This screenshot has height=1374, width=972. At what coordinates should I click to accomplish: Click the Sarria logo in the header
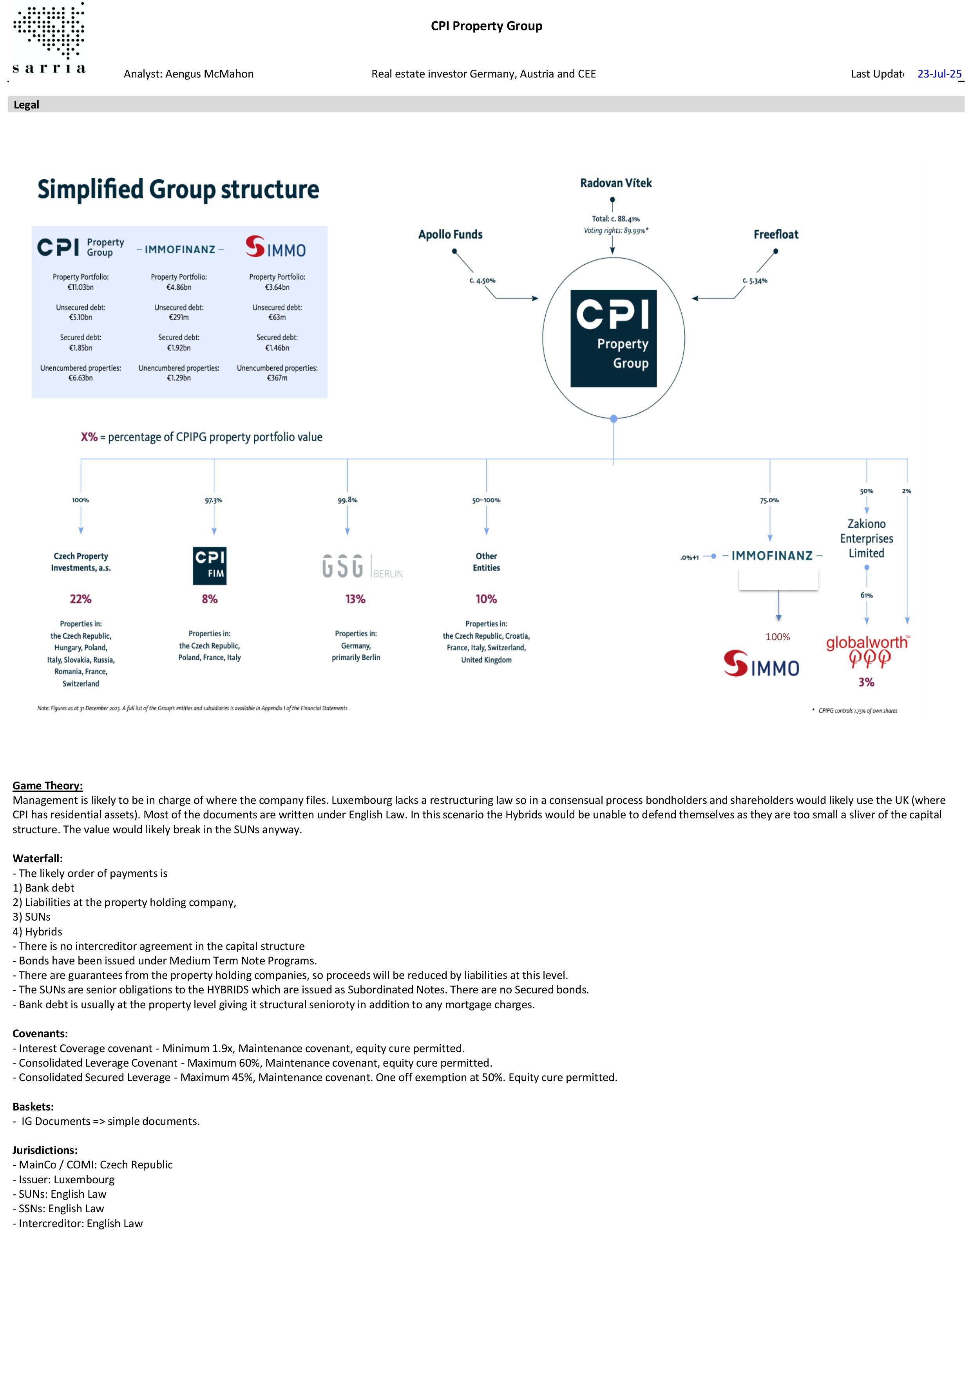point(49,38)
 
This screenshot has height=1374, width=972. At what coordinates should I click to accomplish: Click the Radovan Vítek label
point(615,183)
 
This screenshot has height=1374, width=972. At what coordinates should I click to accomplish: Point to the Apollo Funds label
point(451,235)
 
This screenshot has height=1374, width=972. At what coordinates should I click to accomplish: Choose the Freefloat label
point(776,235)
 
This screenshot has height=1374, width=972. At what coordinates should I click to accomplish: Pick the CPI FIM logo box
point(210,565)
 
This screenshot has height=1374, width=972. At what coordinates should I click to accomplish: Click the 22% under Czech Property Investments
point(81,599)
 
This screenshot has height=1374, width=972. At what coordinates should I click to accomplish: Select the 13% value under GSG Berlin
point(355,599)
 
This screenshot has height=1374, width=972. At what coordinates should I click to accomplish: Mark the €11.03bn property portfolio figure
point(81,287)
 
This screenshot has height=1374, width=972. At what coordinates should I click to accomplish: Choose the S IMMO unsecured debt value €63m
point(277,317)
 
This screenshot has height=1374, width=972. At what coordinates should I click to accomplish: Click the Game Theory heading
point(48,786)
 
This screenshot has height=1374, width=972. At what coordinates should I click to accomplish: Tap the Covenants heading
point(40,1033)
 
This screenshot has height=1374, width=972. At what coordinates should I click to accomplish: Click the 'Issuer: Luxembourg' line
point(63,1179)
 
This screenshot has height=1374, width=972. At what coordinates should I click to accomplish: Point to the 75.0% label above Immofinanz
point(769,500)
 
